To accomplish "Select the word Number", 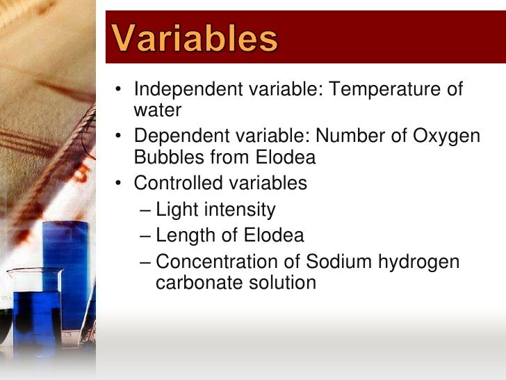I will point(348,136).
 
